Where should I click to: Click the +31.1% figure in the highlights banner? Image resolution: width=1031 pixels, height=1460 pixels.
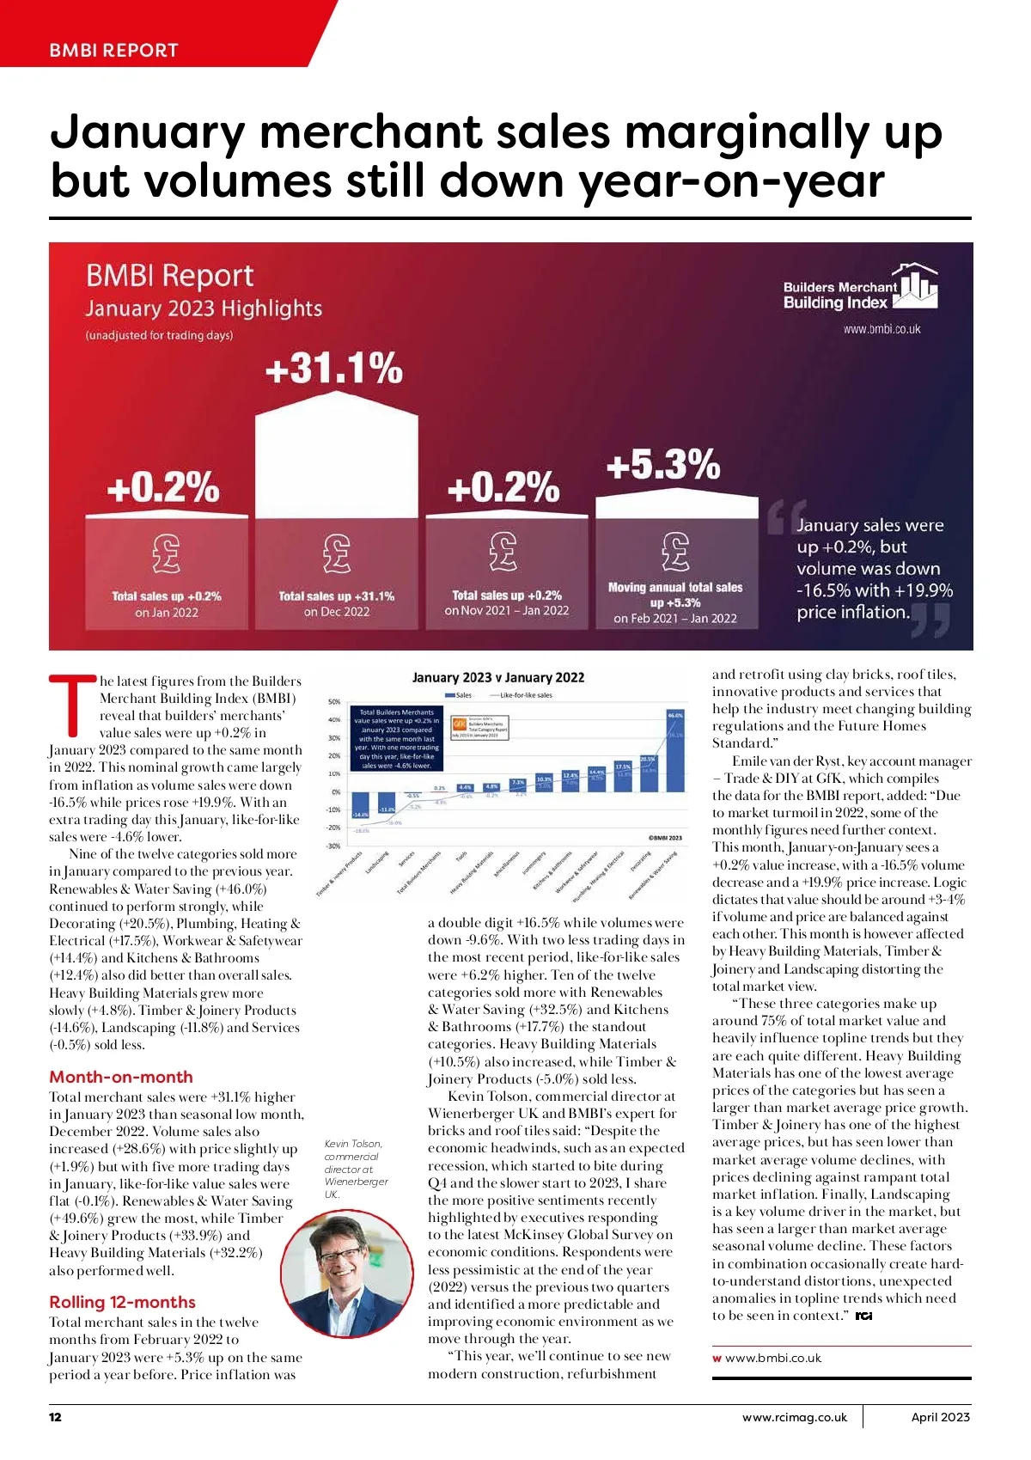pos(333,369)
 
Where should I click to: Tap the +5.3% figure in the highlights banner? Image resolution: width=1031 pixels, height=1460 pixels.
pos(662,465)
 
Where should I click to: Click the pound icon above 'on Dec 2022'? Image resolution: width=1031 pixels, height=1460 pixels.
pos(337,553)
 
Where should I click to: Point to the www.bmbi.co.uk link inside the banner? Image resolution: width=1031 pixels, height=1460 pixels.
pos(882,329)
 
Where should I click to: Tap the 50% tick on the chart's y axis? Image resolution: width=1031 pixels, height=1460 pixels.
pos(334,702)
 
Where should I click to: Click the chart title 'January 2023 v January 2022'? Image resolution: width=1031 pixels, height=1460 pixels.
pos(498,677)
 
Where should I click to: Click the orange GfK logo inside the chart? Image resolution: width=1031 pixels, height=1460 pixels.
pos(459,724)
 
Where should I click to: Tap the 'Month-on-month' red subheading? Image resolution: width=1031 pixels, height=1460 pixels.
pos(121,1077)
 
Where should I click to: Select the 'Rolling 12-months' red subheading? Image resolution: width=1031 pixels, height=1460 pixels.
pos(122,1302)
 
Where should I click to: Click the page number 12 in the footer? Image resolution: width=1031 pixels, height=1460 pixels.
pos(55,1417)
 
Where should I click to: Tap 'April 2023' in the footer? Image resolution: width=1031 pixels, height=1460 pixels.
pos(940,1417)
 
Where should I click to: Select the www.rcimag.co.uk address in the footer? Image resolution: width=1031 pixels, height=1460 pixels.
pos(794,1417)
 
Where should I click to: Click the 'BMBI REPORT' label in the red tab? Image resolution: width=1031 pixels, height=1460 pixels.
pos(113,50)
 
